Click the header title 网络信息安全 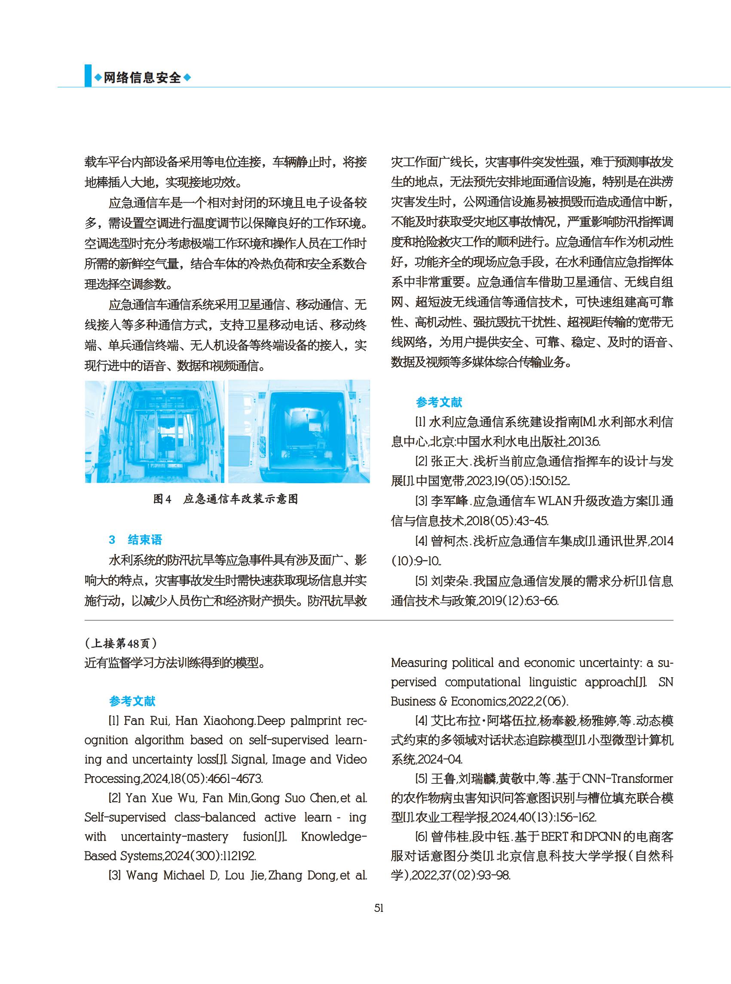click(x=143, y=77)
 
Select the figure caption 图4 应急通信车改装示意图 click(x=225, y=499)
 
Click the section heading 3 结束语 click(x=135, y=539)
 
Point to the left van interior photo click(x=154, y=431)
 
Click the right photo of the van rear click(x=299, y=431)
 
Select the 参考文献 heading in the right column click(x=438, y=402)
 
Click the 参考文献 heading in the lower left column click(x=132, y=701)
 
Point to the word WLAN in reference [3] click(x=554, y=502)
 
